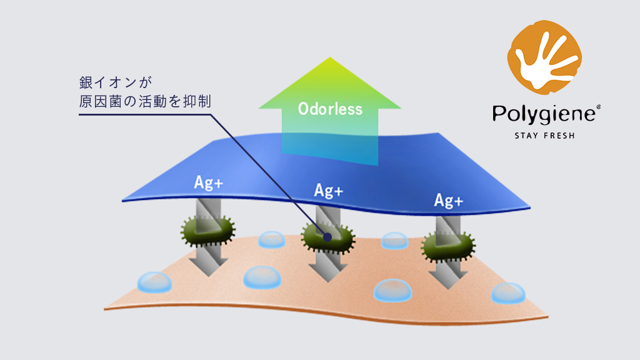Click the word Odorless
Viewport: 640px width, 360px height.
click(x=330, y=109)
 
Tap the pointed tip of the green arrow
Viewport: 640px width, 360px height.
click(x=330, y=57)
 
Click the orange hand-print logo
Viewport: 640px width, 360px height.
click(x=544, y=57)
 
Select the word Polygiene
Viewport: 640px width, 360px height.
click(x=546, y=114)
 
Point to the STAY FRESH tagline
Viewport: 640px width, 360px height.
click(x=544, y=136)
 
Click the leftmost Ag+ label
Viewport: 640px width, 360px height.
click(x=209, y=182)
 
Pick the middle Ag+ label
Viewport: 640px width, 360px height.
click(x=329, y=191)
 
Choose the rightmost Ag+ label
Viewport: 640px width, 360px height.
click(x=449, y=201)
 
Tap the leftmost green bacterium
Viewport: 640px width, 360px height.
click(x=207, y=231)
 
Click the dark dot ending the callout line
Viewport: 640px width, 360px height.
click(x=327, y=237)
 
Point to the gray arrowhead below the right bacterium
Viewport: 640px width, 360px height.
click(x=448, y=280)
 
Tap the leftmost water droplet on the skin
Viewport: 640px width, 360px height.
click(x=154, y=282)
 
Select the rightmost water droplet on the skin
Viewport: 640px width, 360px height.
click(x=507, y=293)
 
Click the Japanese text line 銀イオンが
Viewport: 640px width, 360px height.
click(x=116, y=82)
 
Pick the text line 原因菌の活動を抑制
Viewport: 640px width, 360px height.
click(x=145, y=101)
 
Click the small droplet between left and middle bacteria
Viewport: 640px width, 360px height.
click(x=272, y=239)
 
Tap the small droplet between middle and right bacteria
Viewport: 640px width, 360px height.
click(x=395, y=241)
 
